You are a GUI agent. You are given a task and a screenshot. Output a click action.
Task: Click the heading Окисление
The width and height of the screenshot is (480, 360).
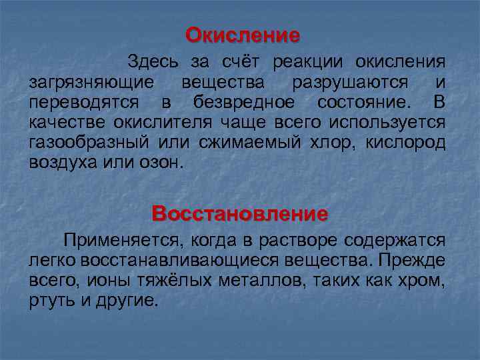243,34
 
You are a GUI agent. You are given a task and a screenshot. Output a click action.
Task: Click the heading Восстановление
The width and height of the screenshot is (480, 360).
240,214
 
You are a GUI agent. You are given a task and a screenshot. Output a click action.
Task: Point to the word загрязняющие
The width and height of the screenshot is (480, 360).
93,83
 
